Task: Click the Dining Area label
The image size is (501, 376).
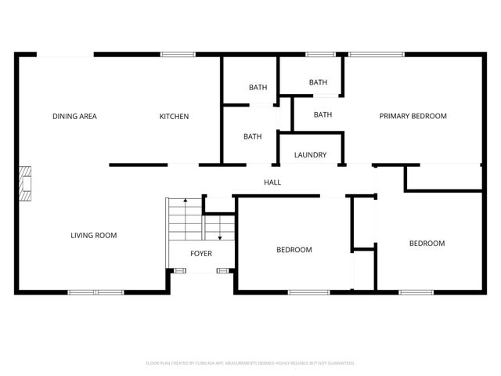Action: (x=74, y=117)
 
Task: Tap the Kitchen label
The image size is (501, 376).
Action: (x=174, y=117)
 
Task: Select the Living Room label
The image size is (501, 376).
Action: (x=93, y=235)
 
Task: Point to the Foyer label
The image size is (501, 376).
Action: (x=201, y=253)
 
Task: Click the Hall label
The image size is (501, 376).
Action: (x=272, y=183)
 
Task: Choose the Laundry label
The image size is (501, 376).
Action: (x=310, y=155)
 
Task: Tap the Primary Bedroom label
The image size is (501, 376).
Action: (x=413, y=116)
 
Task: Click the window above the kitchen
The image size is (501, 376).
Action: (x=178, y=54)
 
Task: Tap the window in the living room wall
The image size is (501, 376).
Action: (x=95, y=292)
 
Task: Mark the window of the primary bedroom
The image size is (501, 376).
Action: (x=376, y=54)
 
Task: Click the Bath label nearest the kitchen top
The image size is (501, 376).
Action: (x=258, y=87)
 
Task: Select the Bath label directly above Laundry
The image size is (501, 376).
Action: (x=323, y=114)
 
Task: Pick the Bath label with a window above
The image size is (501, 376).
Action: (x=318, y=82)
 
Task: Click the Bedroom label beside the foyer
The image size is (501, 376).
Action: (x=294, y=250)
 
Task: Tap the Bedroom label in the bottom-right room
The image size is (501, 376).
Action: (x=427, y=244)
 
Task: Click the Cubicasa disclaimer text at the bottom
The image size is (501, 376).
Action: (x=250, y=363)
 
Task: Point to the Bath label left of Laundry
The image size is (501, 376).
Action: (x=252, y=136)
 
